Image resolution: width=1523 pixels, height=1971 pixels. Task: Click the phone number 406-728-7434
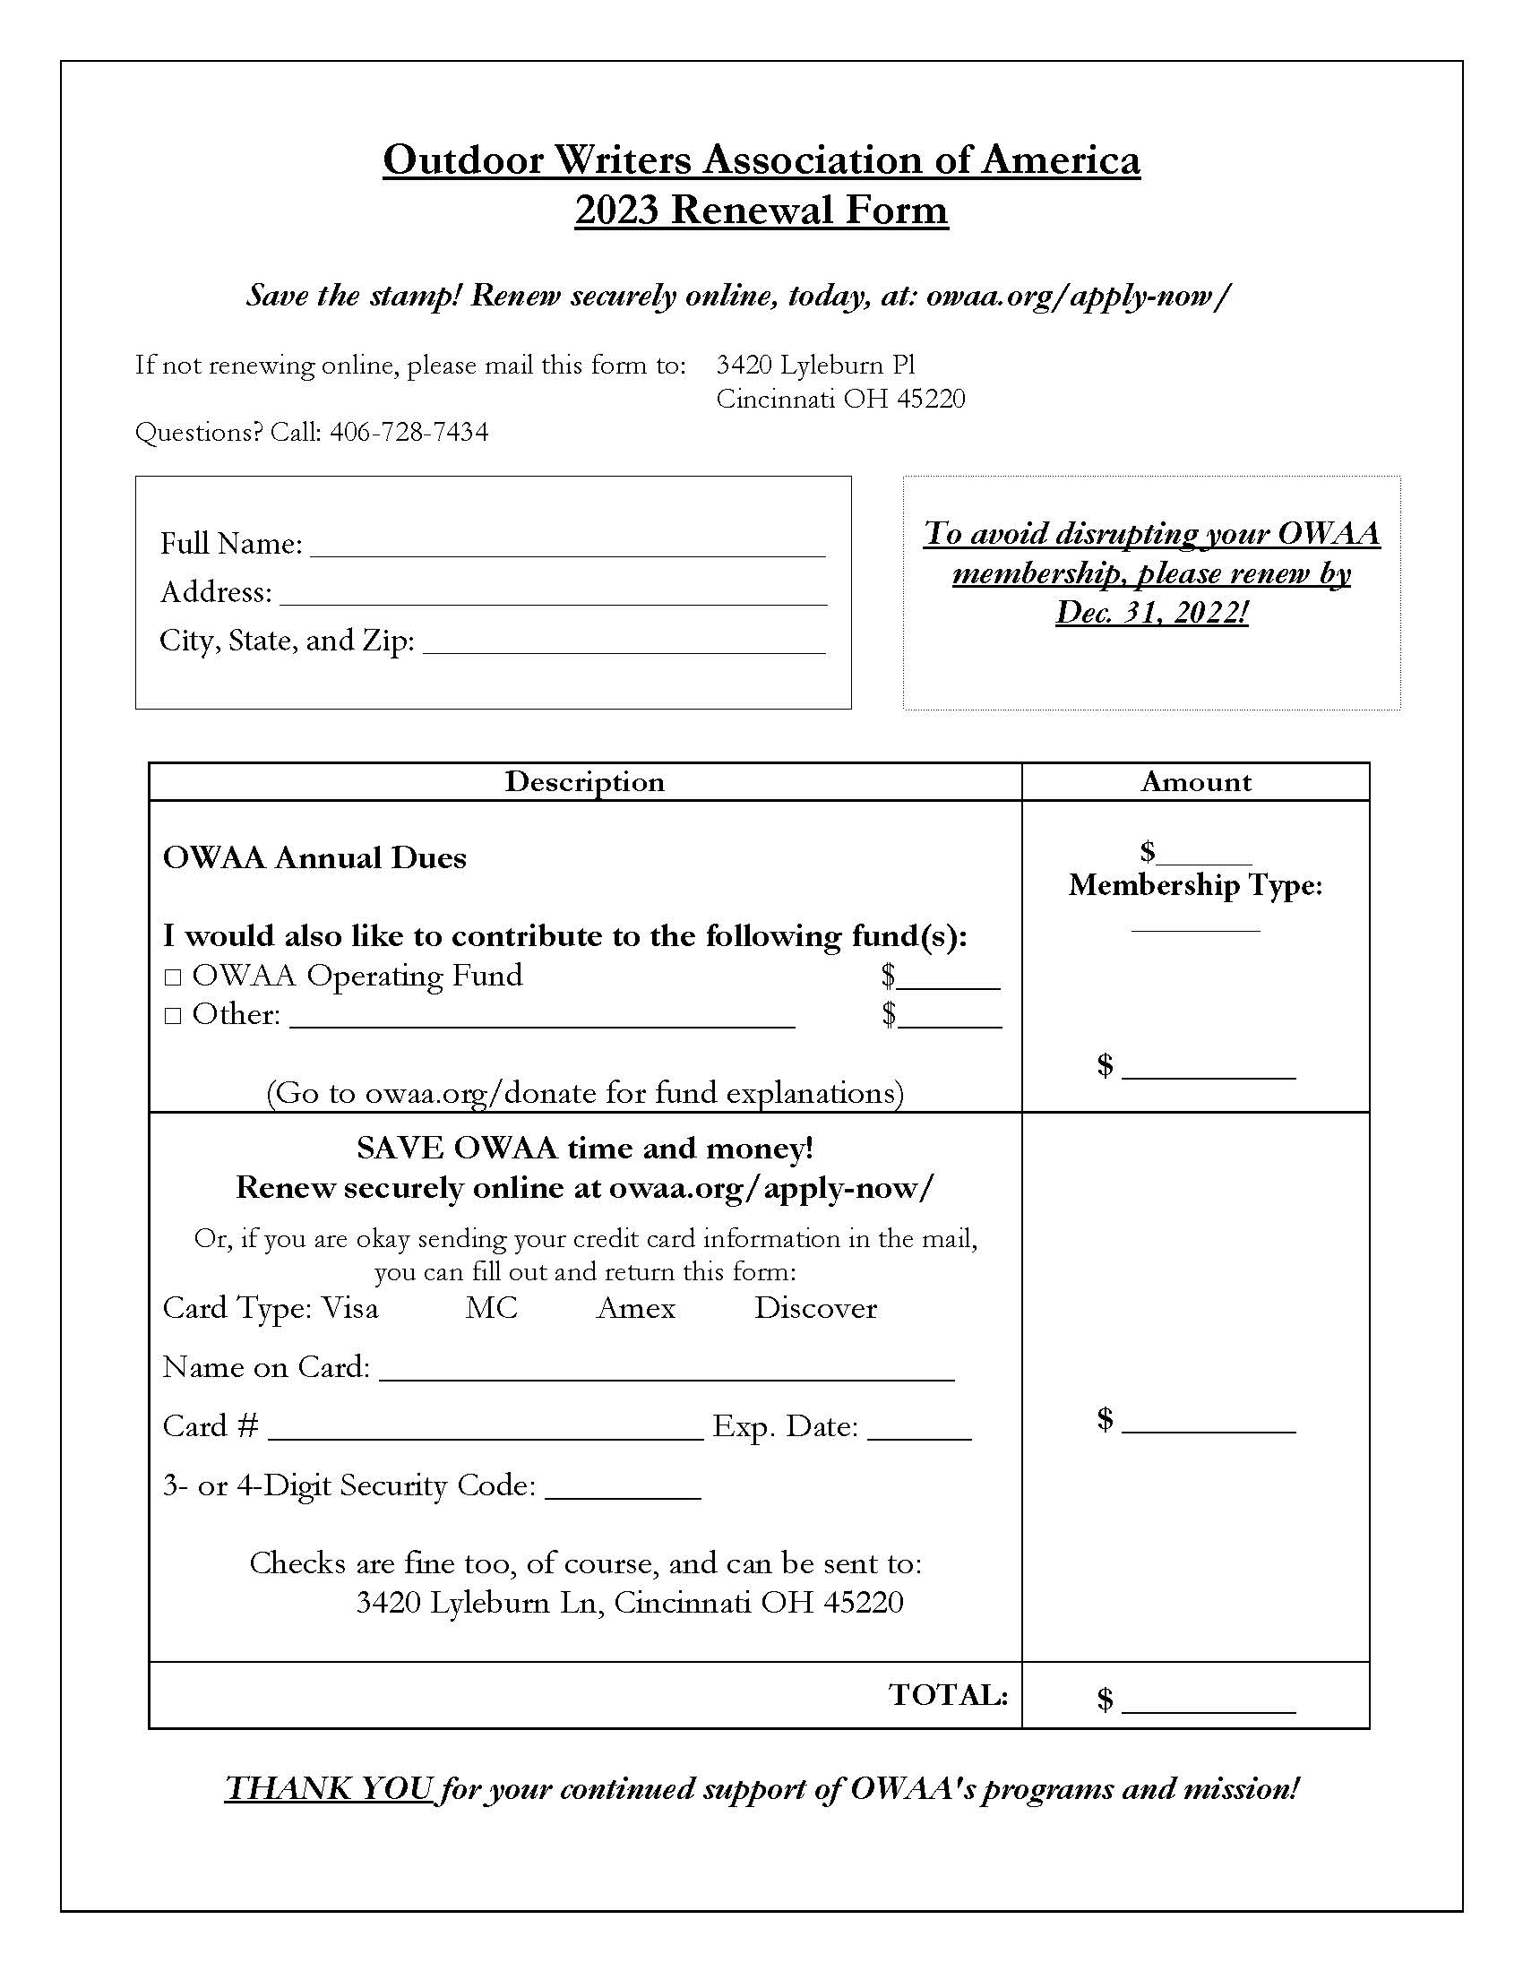(409, 433)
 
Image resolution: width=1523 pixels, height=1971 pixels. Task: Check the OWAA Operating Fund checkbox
(173, 977)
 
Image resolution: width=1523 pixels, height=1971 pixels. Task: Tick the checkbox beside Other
(173, 1016)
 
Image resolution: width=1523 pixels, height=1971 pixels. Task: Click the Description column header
(584, 781)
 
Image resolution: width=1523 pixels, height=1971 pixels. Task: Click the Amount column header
(1194, 781)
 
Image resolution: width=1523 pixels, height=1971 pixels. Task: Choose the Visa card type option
(350, 1308)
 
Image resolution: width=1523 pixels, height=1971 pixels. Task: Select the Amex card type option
(635, 1308)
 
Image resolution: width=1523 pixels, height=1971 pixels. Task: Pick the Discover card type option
(814, 1308)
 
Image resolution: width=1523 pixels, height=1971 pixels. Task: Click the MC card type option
(491, 1308)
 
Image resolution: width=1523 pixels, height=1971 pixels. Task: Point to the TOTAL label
(947, 1695)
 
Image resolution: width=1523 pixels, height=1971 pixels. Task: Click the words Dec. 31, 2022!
(1151, 613)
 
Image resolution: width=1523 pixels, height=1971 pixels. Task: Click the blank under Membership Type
(1194, 925)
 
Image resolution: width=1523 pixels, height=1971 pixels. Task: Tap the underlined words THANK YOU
(330, 1788)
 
